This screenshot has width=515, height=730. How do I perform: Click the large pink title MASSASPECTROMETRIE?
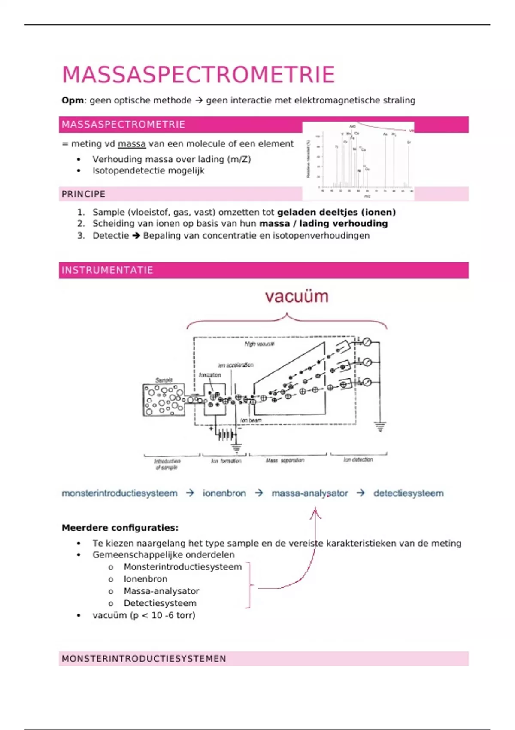tap(198, 75)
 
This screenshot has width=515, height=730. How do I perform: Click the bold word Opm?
tap(73, 100)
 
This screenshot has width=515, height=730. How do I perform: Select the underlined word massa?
tap(132, 144)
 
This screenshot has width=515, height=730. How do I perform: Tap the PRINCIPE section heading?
tap(83, 194)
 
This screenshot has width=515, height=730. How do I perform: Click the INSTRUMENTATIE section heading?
tap(107, 270)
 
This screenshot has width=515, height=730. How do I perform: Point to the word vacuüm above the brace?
tap(297, 297)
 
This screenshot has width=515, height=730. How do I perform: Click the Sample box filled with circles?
tap(164, 400)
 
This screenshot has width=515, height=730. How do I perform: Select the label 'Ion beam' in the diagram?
tap(251, 420)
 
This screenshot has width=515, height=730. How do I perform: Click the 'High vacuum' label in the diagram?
tap(259, 344)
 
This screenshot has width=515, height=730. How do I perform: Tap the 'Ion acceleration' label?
tap(235, 365)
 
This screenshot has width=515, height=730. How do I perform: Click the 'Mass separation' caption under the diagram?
tap(285, 460)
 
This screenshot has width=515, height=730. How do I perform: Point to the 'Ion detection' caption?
tap(358, 459)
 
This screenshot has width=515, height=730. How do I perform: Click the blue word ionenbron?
tap(224, 493)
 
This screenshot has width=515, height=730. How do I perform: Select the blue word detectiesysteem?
tap(408, 493)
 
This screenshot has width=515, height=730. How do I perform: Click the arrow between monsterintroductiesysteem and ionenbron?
tap(190, 493)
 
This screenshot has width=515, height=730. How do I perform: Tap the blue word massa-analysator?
tap(309, 493)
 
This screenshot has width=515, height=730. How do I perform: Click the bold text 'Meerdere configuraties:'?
tap(120, 528)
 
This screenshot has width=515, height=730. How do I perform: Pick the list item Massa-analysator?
tap(161, 591)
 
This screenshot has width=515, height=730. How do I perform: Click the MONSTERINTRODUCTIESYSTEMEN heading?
tap(144, 659)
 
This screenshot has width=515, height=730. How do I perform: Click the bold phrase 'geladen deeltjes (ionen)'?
tap(336, 212)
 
